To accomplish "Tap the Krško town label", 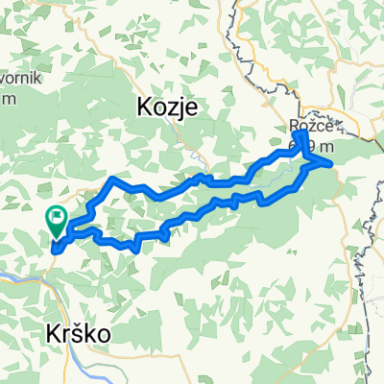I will [80, 333].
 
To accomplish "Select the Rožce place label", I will [309, 125].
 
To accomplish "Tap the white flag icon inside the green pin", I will [57, 218].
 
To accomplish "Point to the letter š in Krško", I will [84, 333].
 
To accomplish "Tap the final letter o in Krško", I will [105, 334].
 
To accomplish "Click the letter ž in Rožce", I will [309, 125].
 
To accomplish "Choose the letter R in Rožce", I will [293, 125].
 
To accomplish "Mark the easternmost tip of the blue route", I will [332, 164].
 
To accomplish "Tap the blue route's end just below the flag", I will [55, 250].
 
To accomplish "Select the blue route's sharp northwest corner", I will [115, 180].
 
